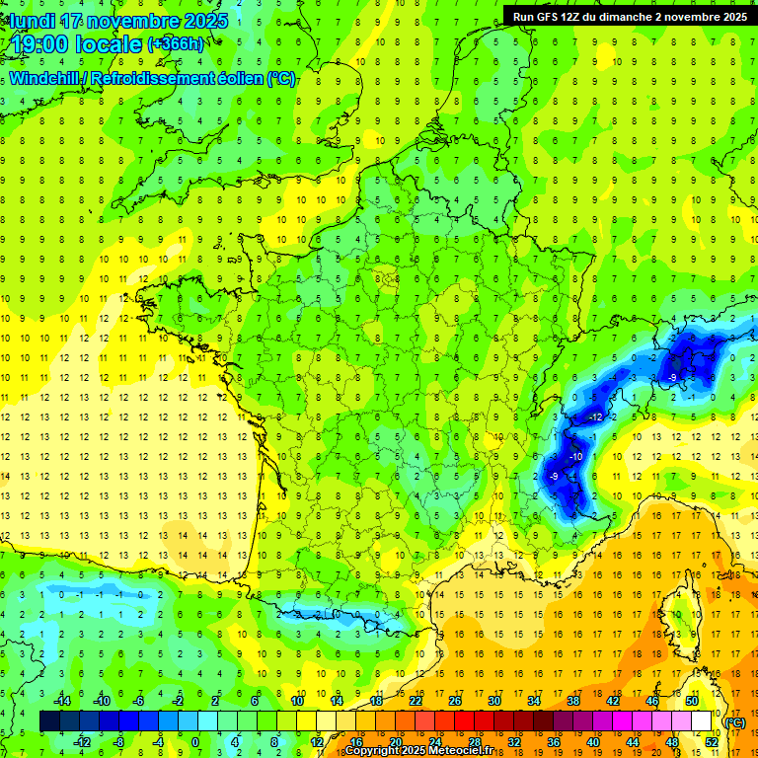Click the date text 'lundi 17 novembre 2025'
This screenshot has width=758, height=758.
point(119,21)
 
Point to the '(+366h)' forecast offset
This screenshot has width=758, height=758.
point(176,44)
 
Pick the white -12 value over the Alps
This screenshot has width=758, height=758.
point(595,418)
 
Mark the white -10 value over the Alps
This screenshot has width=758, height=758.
point(574,457)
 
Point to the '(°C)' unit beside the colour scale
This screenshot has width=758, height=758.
point(734,722)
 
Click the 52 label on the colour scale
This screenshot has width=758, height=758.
point(712,742)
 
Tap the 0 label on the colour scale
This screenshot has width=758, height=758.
point(194,742)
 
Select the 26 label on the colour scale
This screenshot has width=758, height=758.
point(455,701)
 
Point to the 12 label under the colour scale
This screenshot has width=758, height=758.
point(317,742)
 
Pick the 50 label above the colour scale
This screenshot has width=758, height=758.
point(692,701)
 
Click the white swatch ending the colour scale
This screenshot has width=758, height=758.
point(702,721)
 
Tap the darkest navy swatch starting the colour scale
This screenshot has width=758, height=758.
point(49,721)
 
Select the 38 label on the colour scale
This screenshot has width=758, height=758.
point(573,701)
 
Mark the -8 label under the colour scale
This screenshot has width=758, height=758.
point(119,742)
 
